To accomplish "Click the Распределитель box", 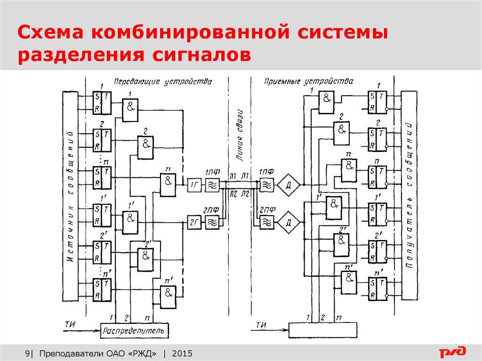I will tap(134, 331).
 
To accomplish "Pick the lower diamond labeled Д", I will tap(288, 222).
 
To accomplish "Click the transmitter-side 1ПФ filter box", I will tap(212, 185).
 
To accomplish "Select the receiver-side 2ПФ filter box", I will tap(267, 221).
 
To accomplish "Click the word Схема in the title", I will tap(52, 33).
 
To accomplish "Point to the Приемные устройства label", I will tap(308, 82).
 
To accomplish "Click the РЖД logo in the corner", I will tap(453, 352).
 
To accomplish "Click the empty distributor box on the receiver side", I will tap(322, 330).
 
